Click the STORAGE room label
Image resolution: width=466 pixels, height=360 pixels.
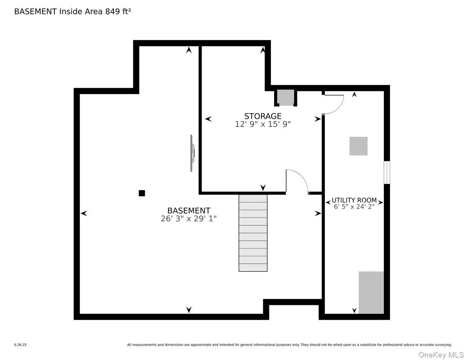click(x=263, y=116)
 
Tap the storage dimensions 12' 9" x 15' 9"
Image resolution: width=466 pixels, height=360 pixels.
click(x=263, y=124)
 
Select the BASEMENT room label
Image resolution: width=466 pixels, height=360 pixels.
click(x=189, y=211)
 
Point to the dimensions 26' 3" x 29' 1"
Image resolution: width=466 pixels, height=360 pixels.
click(x=189, y=219)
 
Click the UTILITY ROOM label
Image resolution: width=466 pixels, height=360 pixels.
click(x=354, y=200)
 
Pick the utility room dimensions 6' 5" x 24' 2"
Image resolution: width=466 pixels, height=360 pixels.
click(x=354, y=207)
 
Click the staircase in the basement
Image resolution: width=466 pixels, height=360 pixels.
click(x=253, y=233)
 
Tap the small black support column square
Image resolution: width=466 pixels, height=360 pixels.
click(x=142, y=193)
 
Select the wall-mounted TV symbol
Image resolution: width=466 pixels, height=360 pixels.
click(x=192, y=153)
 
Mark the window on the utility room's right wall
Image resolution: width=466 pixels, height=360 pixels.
click(x=386, y=172)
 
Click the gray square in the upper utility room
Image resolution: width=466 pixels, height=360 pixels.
click(x=358, y=146)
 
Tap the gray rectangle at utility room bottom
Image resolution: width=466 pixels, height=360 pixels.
click(x=371, y=292)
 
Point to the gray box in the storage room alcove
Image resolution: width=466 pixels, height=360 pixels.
click(x=286, y=98)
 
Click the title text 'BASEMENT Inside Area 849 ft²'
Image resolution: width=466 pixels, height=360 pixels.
click(x=72, y=12)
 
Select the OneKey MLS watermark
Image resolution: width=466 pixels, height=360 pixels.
click(x=441, y=355)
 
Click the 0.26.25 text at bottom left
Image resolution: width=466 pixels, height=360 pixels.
click(x=20, y=345)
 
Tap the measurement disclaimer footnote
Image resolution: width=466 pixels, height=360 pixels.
click(x=289, y=345)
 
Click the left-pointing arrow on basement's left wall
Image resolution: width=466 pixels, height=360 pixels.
click(x=84, y=213)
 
